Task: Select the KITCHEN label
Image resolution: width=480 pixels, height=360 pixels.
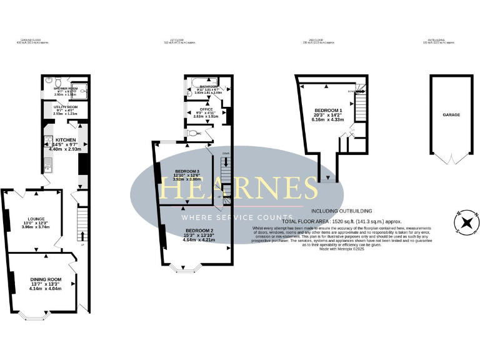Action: click(66, 140)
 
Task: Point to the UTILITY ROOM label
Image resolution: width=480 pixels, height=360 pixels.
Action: click(64, 107)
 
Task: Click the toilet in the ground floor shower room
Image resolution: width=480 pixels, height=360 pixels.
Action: click(57, 82)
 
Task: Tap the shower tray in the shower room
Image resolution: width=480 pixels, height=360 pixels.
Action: click(81, 88)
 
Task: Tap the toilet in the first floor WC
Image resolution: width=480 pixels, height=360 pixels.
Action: click(192, 133)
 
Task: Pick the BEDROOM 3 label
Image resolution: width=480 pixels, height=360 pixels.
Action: click(187, 171)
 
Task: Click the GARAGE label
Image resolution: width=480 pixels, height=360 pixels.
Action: click(451, 115)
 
